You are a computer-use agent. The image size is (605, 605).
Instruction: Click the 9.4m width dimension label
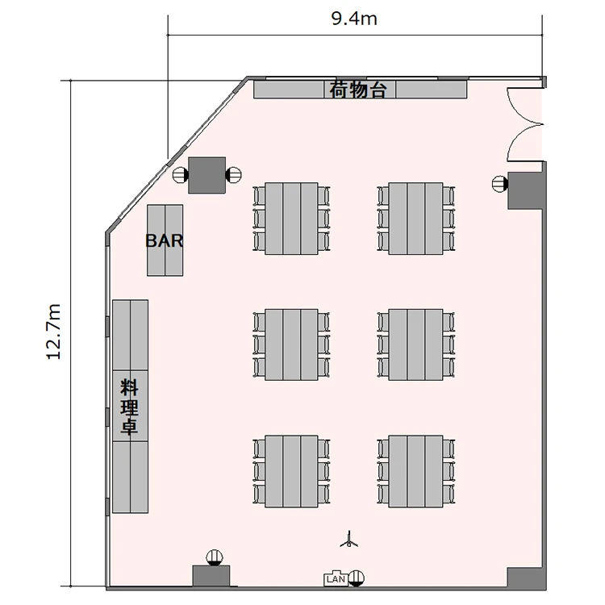click(x=354, y=19)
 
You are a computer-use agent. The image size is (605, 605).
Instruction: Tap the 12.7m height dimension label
click(x=53, y=332)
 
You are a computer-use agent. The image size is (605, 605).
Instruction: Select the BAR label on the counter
click(x=165, y=240)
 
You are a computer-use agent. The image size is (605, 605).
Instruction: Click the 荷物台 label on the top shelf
click(x=357, y=90)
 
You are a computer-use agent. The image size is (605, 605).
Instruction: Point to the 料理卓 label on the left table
click(x=130, y=407)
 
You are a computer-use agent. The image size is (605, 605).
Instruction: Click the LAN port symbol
click(x=336, y=578)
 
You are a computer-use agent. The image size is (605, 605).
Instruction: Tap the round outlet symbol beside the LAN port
click(x=356, y=578)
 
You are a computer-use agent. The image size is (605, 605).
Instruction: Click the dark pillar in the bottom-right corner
click(x=524, y=578)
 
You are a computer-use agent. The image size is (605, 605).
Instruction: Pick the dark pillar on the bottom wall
click(x=211, y=576)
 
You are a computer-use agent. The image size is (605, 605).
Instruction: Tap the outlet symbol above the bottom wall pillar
click(x=215, y=557)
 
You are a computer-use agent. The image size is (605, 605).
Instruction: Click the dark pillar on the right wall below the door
click(x=525, y=190)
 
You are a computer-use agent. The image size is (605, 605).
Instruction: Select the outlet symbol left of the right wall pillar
click(x=500, y=184)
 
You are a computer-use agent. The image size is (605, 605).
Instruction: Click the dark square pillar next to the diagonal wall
click(x=207, y=175)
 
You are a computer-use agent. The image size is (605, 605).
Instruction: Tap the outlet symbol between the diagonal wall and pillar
click(x=180, y=175)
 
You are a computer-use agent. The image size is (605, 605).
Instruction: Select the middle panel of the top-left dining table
click(x=291, y=219)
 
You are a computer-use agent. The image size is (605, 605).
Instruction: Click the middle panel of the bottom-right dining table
click(x=415, y=472)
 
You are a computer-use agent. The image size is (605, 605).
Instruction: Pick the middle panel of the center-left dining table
click(x=291, y=344)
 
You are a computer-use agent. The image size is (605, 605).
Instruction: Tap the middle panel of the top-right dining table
click(x=415, y=219)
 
